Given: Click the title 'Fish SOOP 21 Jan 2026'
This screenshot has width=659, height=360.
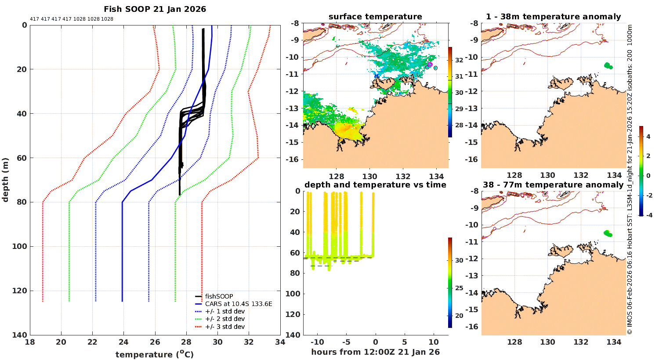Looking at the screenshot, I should pyautogui.click(x=155, y=9).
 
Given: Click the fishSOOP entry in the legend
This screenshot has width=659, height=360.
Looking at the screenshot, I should pyautogui.click(x=219, y=296).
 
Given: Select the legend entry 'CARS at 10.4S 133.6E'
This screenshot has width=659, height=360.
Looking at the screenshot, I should pyautogui.click(x=239, y=304).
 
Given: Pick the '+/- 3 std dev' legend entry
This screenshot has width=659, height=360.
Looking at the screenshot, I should pyautogui.click(x=224, y=327).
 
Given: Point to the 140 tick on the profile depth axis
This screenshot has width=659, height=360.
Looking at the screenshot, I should pyautogui.click(x=19, y=335).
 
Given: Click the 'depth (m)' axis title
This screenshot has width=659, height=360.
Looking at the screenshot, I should pyautogui.click(x=6, y=180).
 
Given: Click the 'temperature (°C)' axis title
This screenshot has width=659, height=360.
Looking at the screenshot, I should pyautogui.click(x=155, y=354).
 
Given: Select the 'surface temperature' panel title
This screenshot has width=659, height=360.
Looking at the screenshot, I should pyautogui.click(x=375, y=17).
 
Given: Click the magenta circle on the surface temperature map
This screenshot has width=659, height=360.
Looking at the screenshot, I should pyautogui.click(x=430, y=64).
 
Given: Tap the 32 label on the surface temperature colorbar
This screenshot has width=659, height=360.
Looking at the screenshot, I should pyautogui.click(x=459, y=60).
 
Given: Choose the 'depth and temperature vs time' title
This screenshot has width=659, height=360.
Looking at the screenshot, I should pyautogui.click(x=375, y=185).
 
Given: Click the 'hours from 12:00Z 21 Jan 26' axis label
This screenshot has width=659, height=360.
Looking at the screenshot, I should pyautogui.click(x=375, y=352).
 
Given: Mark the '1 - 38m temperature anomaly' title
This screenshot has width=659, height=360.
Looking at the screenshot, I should pyautogui.click(x=553, y=17).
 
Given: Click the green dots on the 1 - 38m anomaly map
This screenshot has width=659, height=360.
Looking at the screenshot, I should pyautogui.click(x=608, y=66).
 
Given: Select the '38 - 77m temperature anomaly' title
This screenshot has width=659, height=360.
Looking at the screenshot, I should pyautogui.click(x=553, y=185).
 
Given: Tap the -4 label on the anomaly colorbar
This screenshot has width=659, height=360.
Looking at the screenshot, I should pyautogui.click(x=648, y=215).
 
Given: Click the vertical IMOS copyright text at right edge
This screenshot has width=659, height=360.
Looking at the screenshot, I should pyautogui.click(x=630, y=180).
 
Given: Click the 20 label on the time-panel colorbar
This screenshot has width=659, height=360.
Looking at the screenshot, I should pyautogui.click(x=459, y=316).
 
